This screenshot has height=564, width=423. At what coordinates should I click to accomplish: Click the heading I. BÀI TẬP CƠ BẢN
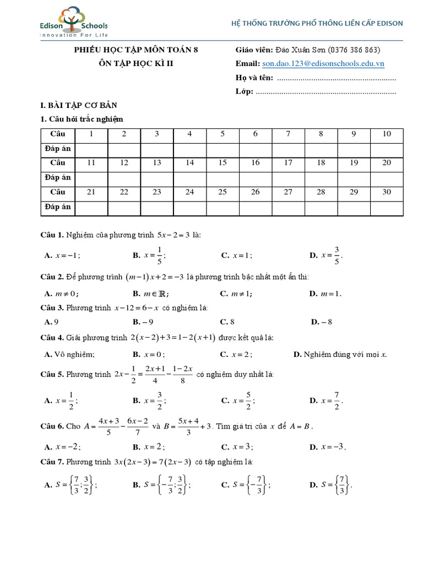[79, 105]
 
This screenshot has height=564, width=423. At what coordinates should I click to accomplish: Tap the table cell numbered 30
[387, 192]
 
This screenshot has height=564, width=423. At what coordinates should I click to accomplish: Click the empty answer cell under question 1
[91, 148]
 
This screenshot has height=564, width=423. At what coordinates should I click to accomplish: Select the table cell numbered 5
[223, 134]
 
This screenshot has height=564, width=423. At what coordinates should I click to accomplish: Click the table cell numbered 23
[157, 192]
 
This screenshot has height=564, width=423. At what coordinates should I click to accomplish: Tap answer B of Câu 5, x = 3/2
[149, 401]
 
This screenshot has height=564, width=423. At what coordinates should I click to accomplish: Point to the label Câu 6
[53, 426]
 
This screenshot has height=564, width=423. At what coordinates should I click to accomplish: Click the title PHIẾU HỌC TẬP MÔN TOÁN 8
[135, 50]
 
